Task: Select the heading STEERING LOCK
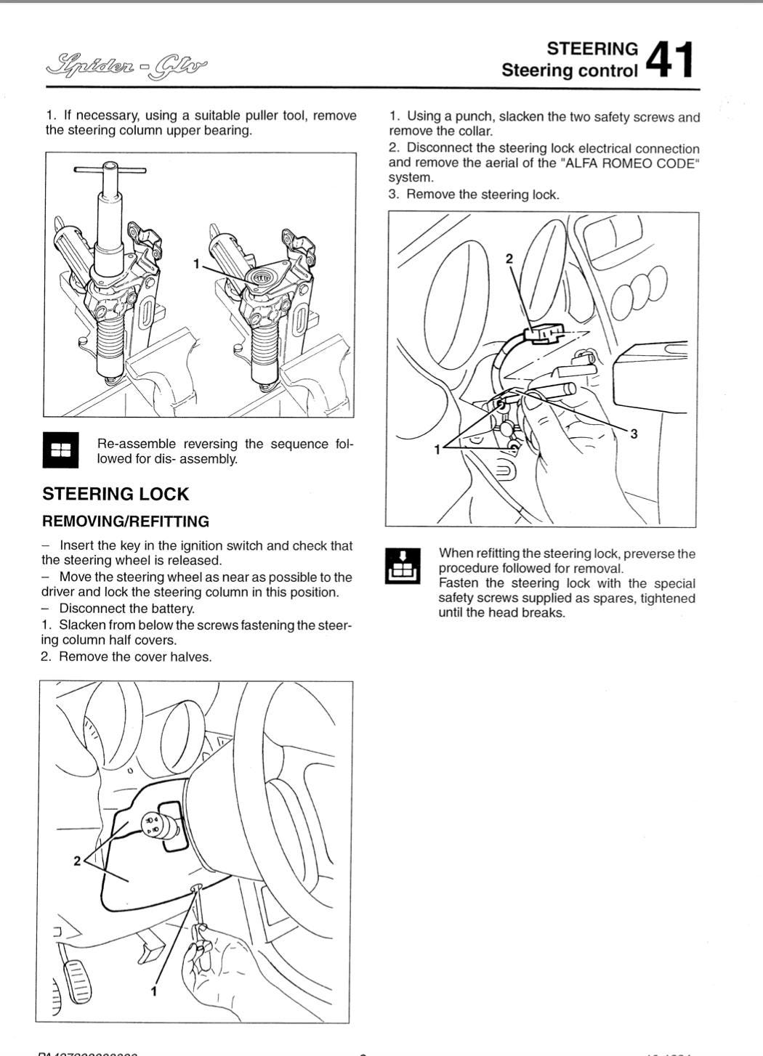116,494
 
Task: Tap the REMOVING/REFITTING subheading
126,521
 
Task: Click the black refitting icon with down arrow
402,565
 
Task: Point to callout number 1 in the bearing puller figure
195,264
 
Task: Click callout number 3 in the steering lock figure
634,434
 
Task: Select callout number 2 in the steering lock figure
509,259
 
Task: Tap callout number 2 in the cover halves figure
77,861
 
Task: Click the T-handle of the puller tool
110,169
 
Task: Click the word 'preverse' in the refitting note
648,554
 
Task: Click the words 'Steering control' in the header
570,70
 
